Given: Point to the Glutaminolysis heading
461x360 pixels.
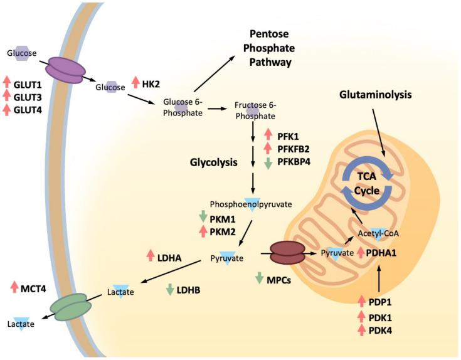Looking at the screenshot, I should point(375,95).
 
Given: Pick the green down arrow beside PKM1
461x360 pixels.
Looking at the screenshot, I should point(202,218).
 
